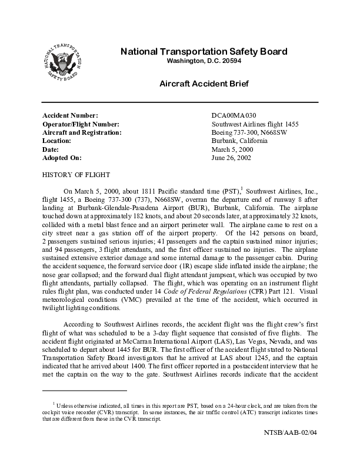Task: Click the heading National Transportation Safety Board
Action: [x=204, y=51]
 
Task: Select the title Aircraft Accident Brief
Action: [x=204, y=84]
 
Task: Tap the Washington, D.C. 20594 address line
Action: [x=204, y=61]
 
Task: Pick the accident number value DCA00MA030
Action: [x=234, y=115]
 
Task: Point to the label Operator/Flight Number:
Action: [x=81, y=124]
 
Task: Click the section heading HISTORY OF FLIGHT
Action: [x=76, y=175]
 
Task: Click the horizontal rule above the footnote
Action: [x=85, y=390]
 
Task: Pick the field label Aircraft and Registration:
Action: [x=82, y=133]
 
